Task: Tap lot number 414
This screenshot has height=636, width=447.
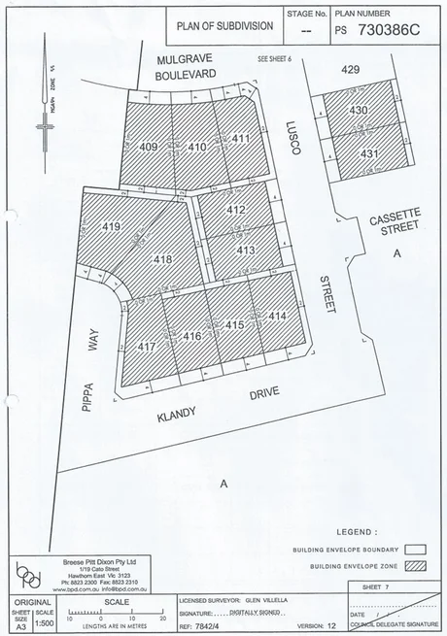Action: [277, 317]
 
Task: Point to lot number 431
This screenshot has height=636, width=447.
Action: [368, 153]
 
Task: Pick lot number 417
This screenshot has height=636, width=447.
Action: [147, 347]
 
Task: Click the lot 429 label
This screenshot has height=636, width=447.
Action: [350, 71]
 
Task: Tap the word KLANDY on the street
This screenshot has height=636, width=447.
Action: [176, 414]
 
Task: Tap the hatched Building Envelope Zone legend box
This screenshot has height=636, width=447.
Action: [418, 566]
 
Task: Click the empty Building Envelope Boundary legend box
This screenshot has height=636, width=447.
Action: [418, 549]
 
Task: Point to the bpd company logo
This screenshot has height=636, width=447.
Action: [29, 578]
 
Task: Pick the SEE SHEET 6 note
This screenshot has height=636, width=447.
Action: [274, 59]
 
